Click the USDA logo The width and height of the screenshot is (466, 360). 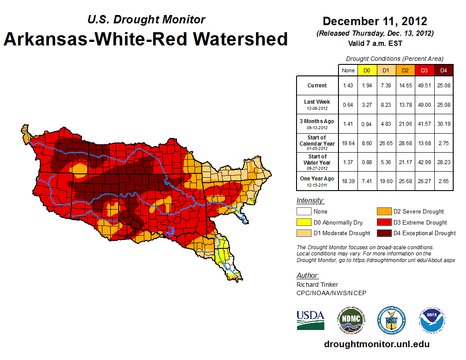pyautogui.click(x=310, y=320)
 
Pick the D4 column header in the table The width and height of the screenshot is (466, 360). pyautogui.click(x=443, y=70)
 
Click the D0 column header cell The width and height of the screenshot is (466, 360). pyautogui.click(x=366, y=70)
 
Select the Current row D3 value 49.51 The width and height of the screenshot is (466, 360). pyautogui.click(x=424, y=86)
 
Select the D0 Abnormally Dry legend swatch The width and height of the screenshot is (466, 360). pyautogui.click(x=304, y=222)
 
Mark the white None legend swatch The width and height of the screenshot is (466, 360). pyautogui.click(x=304, y=212)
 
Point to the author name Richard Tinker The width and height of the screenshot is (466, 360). pyautogui.click(x=317, y=285)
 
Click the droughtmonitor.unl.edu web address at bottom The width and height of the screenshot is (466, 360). pyautogui.click(x=376, y=344)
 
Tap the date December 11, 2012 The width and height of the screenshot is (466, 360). pyautogui.click(x=375, y=21)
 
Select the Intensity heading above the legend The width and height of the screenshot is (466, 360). pyautogui.click(x=310, y=201)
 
